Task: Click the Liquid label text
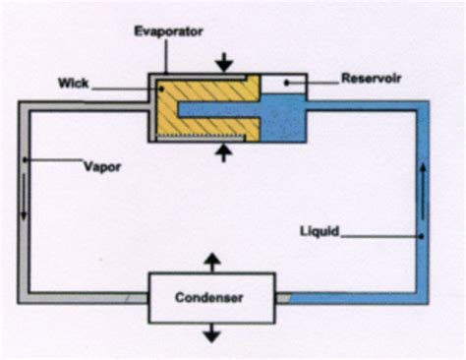(320, 231)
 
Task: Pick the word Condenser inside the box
(211, 296)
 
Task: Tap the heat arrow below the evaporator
(225, 151)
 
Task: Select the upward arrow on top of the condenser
(211, 262)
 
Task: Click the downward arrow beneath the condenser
(211, 331)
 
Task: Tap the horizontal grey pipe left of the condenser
(88, 296)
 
